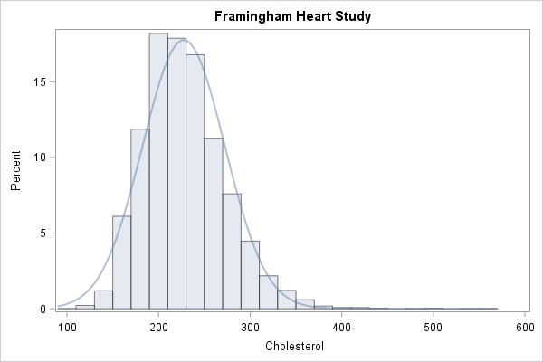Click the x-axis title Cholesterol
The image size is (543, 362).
(x=295, y=346)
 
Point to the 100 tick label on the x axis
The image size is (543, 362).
(x=67, y=325)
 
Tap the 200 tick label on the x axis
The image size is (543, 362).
(x=158, y=325)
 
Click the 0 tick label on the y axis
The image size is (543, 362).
(x=43, y=309)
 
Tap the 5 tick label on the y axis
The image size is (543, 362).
(x=43, y=233)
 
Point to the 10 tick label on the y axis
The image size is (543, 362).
(x=41, y=157)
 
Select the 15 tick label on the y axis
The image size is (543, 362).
(x=41, y=81)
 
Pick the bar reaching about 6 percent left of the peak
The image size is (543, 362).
(x=121, y=262)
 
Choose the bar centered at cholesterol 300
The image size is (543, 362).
(x=251, y=275)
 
